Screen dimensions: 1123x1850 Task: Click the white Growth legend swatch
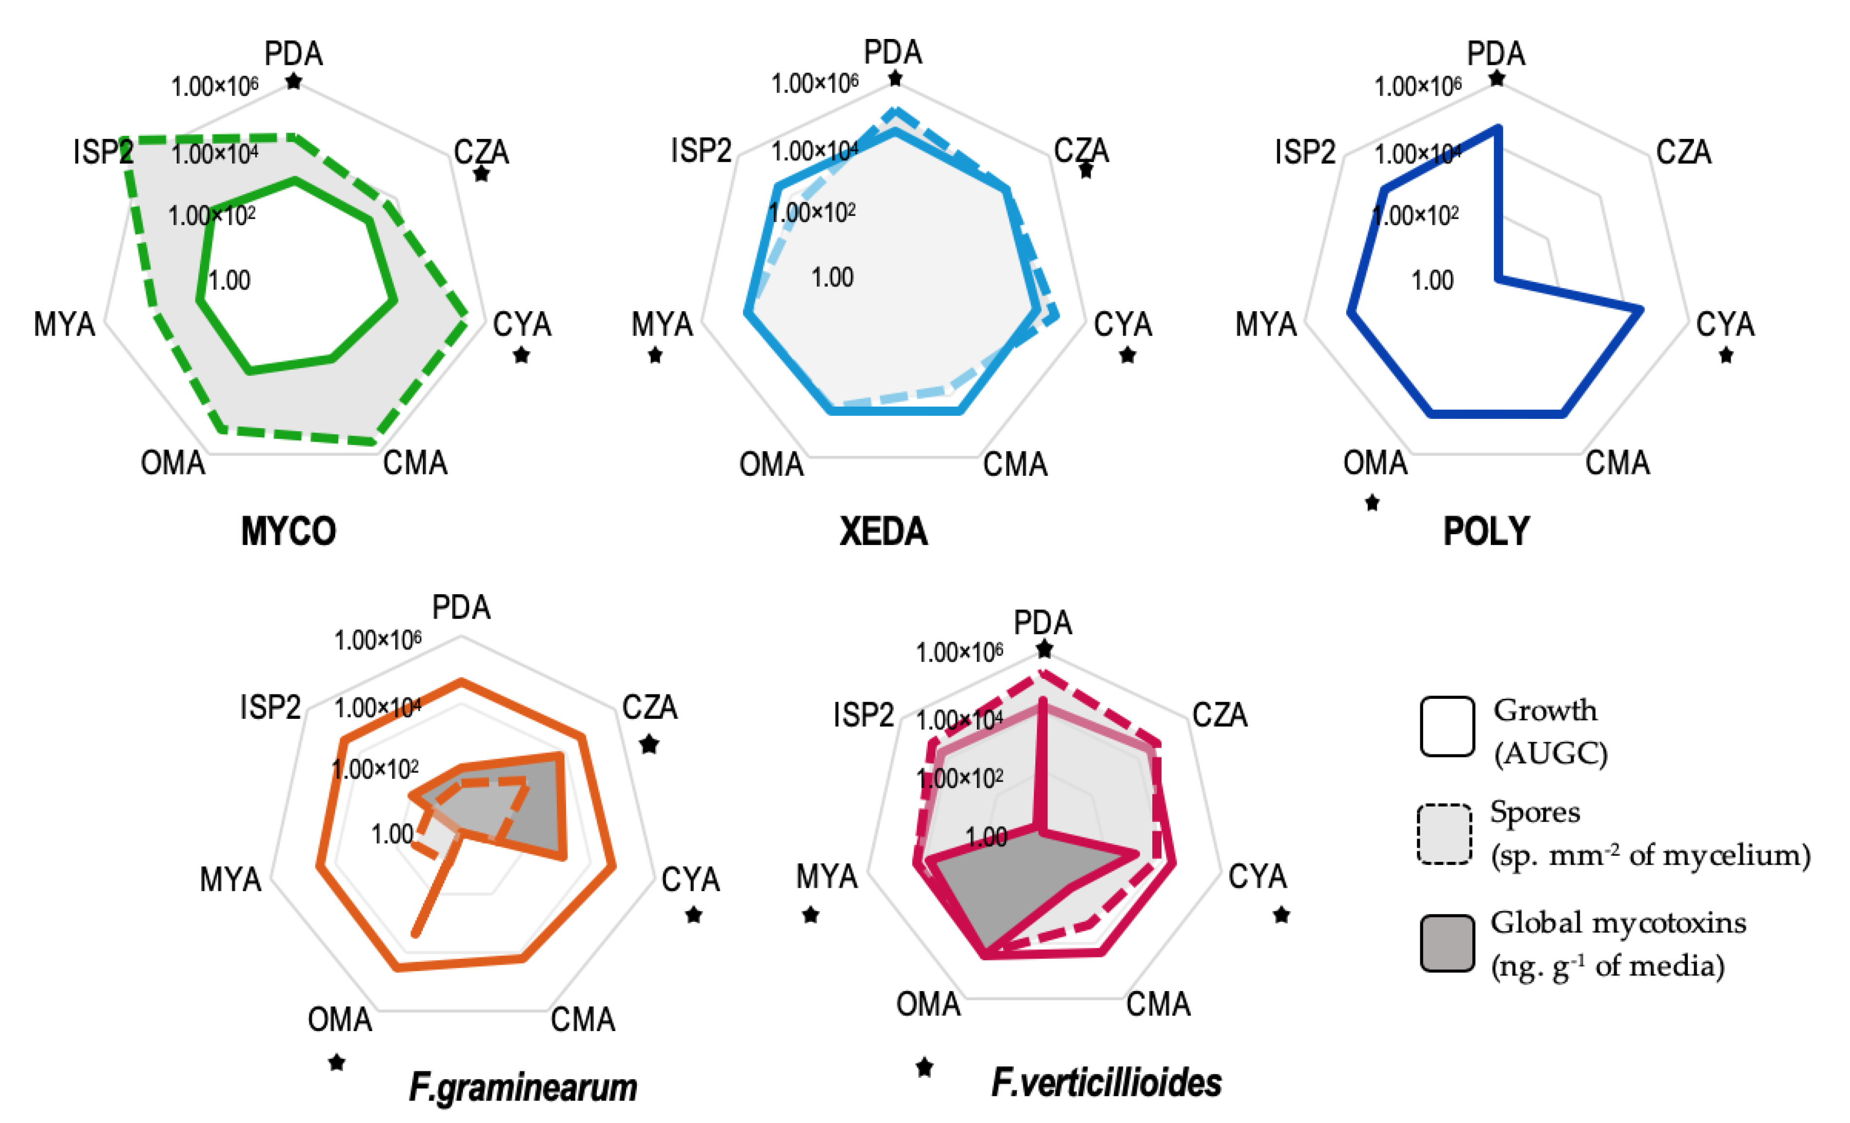click(x=1447, y=727)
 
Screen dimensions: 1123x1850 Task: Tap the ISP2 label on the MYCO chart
click(x=103, y=152)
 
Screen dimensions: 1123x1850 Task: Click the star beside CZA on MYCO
click(x=481, y=175)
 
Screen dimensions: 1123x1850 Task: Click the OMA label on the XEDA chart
click(x=771, y=465)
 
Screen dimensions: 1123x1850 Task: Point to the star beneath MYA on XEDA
click(x=655, y=355)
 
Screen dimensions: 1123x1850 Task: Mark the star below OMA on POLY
click(x=1373, y=503)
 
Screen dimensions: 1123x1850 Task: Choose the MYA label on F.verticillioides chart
click(x=827, y=877)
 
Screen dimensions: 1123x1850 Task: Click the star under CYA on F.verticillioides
click(x=1281, y=915)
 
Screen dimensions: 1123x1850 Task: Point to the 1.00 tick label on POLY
click(x=1432, y=281)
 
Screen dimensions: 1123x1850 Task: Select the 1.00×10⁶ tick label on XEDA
click(x=815, y=83)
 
